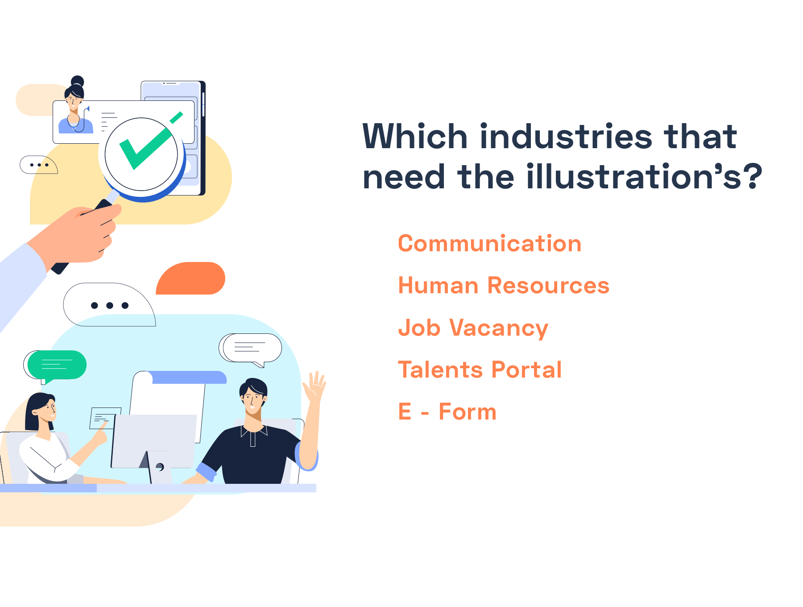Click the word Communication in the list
489,244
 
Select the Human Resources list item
504,286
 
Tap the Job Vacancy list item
473,328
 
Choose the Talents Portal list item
480,370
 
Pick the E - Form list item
447,412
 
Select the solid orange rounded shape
190,278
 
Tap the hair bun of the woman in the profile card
78,81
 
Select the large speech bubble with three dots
109,305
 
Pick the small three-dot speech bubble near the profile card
39,165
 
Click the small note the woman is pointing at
105,418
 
